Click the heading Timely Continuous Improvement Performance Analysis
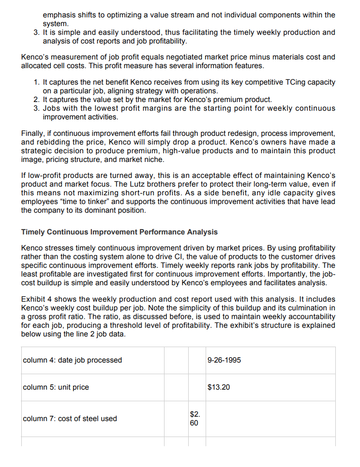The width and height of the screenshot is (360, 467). pos(120,232)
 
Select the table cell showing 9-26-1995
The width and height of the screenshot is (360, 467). pos(224,360)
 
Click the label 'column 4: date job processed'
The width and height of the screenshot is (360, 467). pos(73,360)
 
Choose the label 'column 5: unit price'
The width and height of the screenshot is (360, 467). pos(56,387)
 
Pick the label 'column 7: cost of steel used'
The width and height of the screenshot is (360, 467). pos(70,419)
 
